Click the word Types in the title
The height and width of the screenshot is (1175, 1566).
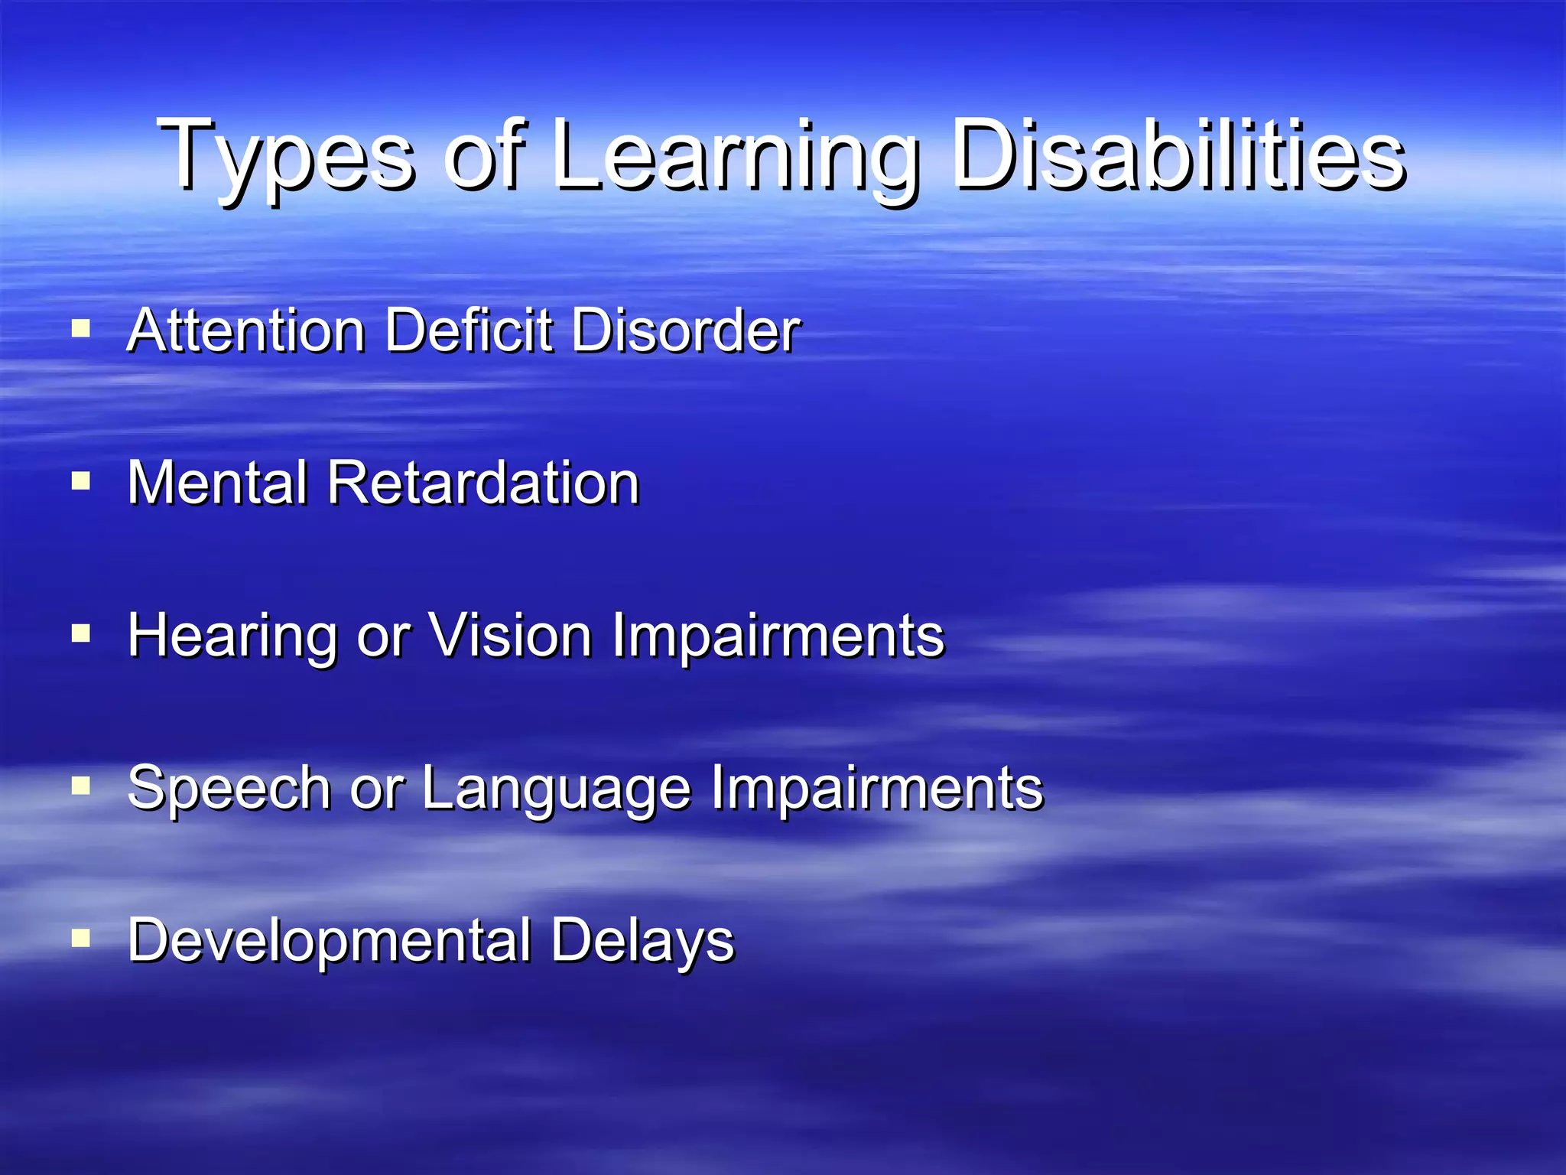(287, 157)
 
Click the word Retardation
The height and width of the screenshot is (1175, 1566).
(482, 483)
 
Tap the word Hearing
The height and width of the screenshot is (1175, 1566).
(232, 636)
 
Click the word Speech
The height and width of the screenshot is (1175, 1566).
(229, 789)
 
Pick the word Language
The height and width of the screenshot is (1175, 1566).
(557, 789)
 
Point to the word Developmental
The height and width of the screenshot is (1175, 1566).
(329, 941)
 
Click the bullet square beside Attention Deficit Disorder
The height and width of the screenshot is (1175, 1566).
(81, 329)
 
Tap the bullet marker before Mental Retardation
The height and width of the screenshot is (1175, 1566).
(81, 481)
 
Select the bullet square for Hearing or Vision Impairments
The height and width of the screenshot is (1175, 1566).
(81, 633)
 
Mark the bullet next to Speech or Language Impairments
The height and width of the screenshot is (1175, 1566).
(81, 786)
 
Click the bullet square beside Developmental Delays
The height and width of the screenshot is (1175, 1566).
(81, 938)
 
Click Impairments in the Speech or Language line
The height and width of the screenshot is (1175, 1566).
(877, 789)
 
